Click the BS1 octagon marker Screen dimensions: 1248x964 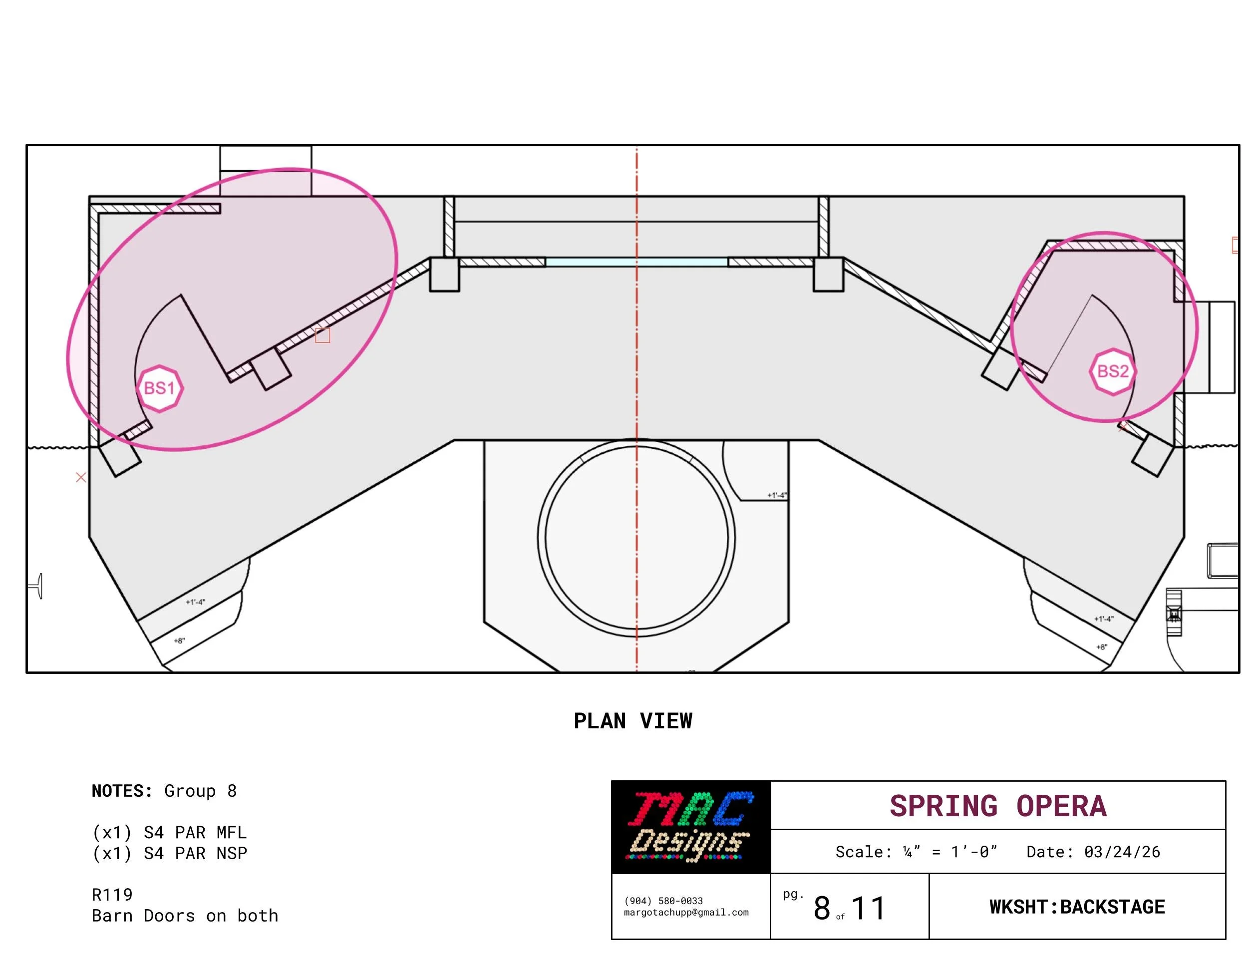click(x=160, y=388)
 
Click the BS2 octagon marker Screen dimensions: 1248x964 click(x=1113, y=371)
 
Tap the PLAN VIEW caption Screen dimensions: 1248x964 click(x=633, y=721)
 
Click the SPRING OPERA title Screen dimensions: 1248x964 click(x=998, y=806)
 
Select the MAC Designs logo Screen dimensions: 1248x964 click(x=691, y=827)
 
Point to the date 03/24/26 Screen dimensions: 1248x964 click(x=1122, y=852)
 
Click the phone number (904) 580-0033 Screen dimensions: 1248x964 click(x=663, y=901)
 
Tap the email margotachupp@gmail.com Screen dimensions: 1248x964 click(x=686, y=913)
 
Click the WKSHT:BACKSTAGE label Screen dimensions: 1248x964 click(x=1077, y=907)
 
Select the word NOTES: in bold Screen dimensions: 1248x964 click(x=122, y=791)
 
